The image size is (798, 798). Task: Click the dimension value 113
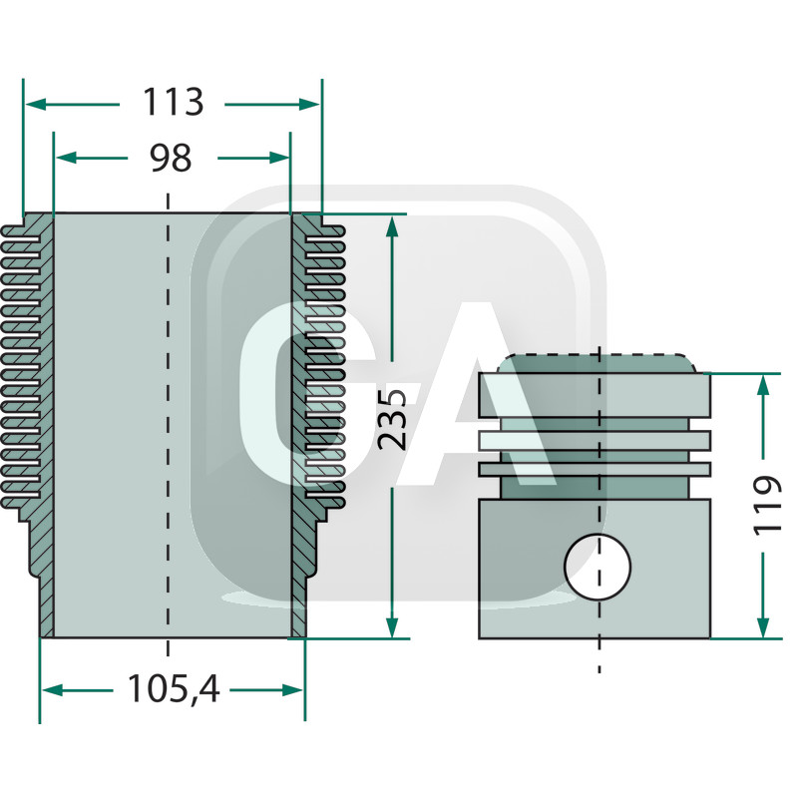tap(173, 103)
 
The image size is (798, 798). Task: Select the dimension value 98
tap(170, 157)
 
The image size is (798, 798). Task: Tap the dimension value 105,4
tap(173, 688)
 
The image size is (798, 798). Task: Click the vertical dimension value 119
tap(766, 505)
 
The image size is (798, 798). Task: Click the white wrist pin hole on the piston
tap(598, 567)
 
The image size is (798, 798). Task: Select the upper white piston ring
tap(595, 439)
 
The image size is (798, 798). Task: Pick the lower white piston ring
tap(595, 468)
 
